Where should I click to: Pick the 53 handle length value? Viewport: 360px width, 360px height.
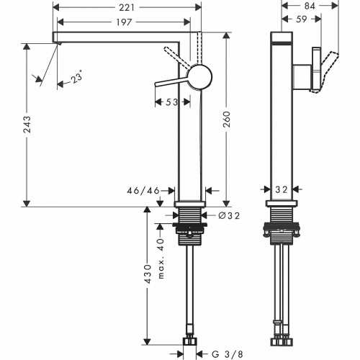[x=171, y=103]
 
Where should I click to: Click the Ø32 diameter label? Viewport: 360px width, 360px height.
[x=228, y=214]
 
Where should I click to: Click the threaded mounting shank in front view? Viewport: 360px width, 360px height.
[x=190, y=215]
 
